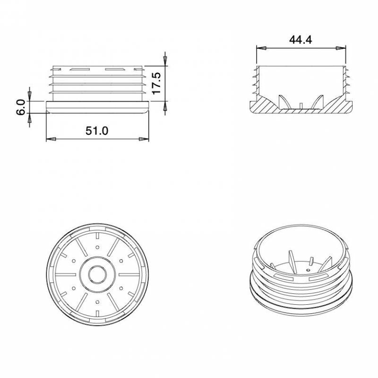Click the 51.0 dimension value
click(x=97, y=131)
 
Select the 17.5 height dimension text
click(x=157, y=83)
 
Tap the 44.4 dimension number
click(x=301, y=40)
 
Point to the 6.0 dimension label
click(x=20, y=107)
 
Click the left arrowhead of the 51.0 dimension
click(x=51, y=139)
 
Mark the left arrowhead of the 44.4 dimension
click(x=260, y=48)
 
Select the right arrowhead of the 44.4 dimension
click(x=341, y=48)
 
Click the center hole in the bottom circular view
click(x=97, y=274)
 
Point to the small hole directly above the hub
click(x=97, y=247)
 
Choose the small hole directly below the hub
click(x=97, y=301)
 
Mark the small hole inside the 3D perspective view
click(x=308, y=270)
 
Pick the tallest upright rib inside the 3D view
click(x=292, y=261)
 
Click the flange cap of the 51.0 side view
click(x=97, y=107)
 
